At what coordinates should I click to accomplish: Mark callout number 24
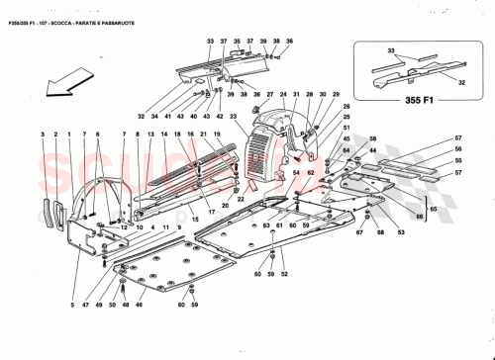281,96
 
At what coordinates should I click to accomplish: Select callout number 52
285,274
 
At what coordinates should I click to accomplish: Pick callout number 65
433,211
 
